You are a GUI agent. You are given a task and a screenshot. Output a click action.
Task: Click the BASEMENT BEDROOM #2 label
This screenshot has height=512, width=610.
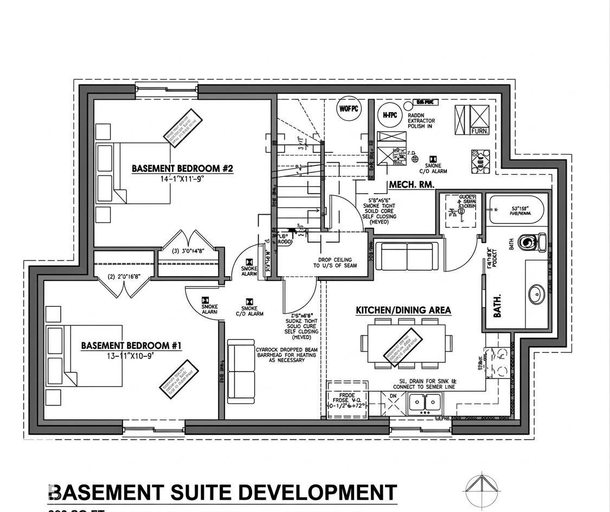182,169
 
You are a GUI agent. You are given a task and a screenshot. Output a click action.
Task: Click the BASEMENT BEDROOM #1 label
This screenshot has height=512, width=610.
131,345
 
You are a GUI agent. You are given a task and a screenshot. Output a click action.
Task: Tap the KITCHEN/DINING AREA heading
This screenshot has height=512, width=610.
403,310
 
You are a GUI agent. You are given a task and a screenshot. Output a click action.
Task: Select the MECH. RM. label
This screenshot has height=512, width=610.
412,185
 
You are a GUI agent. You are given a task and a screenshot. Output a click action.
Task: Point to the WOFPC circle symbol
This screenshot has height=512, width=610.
349,108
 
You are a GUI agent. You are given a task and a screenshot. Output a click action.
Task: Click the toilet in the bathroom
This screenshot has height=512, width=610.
533,242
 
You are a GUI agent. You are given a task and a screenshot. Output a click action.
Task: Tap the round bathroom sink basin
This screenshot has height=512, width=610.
537,295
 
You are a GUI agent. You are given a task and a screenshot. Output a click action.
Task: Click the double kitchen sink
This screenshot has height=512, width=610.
425,402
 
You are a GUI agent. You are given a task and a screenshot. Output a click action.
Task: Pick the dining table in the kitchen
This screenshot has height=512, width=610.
406,343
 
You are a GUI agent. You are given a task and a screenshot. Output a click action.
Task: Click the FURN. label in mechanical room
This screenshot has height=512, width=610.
479,131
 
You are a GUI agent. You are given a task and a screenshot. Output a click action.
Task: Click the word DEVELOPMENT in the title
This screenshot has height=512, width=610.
318,492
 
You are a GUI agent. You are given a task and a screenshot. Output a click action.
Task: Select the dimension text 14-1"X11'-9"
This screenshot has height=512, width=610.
182,178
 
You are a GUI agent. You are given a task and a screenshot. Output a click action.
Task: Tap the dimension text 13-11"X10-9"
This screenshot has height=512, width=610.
131,355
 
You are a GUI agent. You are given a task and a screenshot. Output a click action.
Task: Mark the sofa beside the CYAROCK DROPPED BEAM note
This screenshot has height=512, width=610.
241,372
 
